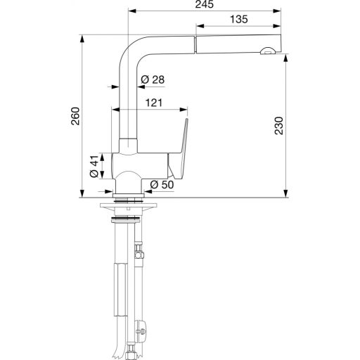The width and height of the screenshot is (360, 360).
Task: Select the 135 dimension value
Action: click(239, 20)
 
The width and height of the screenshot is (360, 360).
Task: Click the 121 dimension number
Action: click(154, 103)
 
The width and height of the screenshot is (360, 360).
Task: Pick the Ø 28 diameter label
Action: click(152, 79)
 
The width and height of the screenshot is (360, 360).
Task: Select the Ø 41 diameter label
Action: click(94, 166)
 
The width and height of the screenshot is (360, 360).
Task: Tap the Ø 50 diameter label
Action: click(161, 184)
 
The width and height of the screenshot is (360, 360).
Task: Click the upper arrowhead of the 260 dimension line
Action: click(82, 37)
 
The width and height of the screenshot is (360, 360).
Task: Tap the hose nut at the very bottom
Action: click(131, 349)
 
